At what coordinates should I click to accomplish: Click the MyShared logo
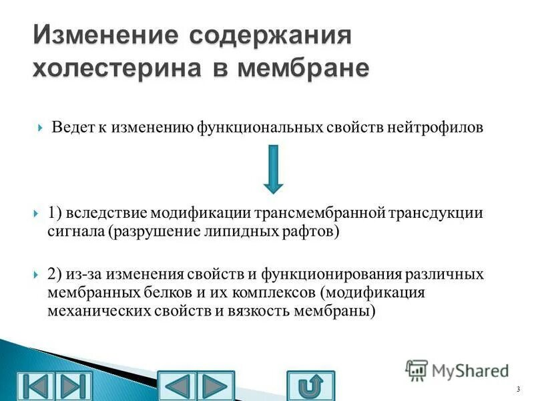pyautogui.click(x=457, y=370)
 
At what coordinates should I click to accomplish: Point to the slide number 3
pyautogui.click(x=517, y=389)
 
